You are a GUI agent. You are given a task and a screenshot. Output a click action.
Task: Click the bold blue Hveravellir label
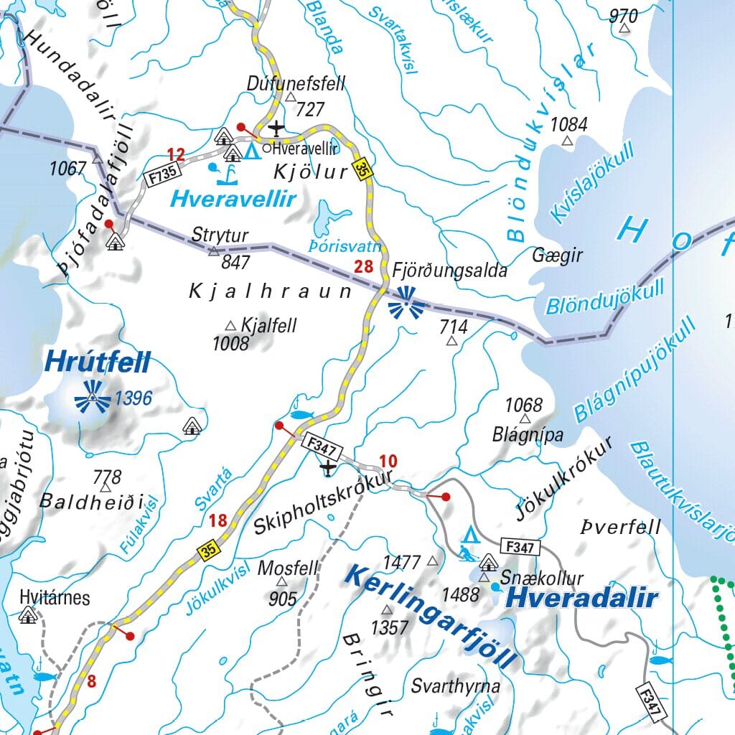coord(233,200)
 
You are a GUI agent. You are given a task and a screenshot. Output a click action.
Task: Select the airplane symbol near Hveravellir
coord(276,129)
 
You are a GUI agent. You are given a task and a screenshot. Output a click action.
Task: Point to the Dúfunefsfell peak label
coord(296,84)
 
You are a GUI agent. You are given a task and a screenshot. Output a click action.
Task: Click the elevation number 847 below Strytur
coord(235,262)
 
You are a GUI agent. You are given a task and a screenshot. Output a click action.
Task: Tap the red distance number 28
coord(364,268)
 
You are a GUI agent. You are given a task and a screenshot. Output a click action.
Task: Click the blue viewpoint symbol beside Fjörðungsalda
coord(406,302)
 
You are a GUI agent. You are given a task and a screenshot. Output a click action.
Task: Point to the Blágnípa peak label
coord(528,434)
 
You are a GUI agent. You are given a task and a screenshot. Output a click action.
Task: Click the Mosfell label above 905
coord(287,568)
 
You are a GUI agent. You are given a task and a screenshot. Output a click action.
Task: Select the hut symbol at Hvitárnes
coord(29,614)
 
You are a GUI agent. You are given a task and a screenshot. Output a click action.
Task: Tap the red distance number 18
coord(218,520)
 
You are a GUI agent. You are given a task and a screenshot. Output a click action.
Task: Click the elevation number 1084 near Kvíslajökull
coord(568,124)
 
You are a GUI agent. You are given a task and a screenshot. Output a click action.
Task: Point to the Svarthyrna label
coord(455,685)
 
